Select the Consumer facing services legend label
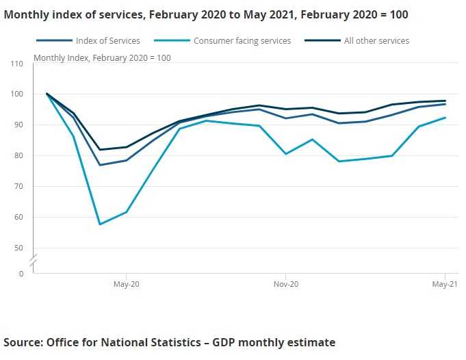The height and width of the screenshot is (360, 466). click(x=242, y=41)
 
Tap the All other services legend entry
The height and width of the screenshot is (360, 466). click(x=376, y=41)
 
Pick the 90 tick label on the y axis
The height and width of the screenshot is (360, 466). click(x=18, y=125)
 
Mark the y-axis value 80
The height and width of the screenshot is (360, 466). click(x=18, y=156)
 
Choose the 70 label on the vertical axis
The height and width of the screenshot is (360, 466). click(x=18, y=186)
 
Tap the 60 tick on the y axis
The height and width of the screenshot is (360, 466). click(x=18, y=218)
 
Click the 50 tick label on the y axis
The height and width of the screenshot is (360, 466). click(x=18, y=248)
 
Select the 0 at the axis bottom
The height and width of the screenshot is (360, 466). click(x=21, y=274)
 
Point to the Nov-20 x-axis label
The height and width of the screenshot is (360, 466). click(x=285, y=284)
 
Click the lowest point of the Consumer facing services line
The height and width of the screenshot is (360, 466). click(x=100, y=224)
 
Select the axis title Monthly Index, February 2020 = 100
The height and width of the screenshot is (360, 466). click(x=102, y=57)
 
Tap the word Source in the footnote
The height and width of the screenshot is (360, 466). click(x=23, y=342)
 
